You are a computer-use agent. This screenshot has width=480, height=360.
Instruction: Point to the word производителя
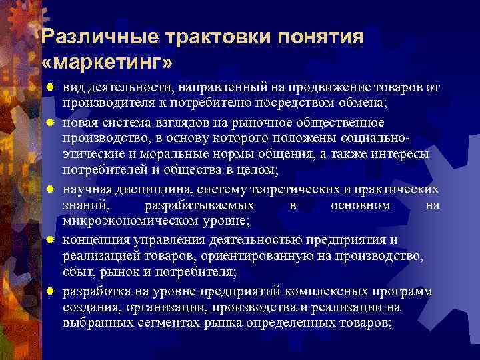click(106, 105)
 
